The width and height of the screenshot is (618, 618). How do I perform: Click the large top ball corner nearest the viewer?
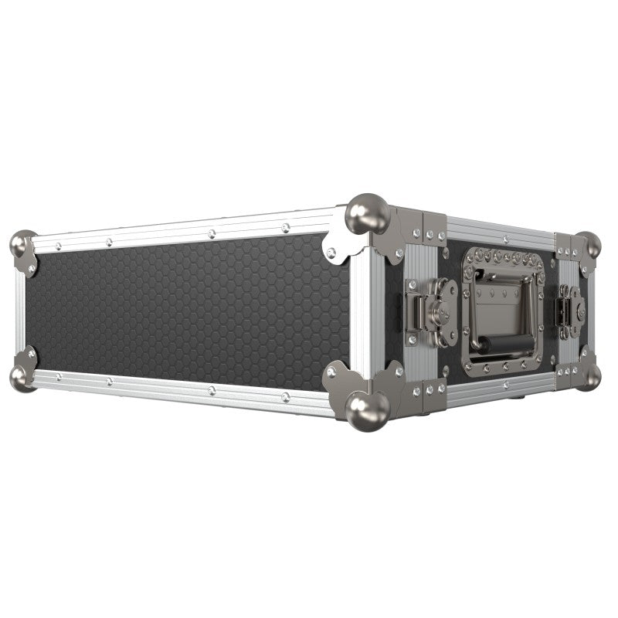click(x=366, y=213)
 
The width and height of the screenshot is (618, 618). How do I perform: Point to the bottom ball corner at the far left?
click(x=22, y=376)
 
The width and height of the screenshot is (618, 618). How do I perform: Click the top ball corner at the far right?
click(x=589, y=245)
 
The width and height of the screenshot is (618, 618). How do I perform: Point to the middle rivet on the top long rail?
click(x=210, y=232)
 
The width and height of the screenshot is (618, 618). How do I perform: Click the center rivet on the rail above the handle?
click(x=503, y=229)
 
